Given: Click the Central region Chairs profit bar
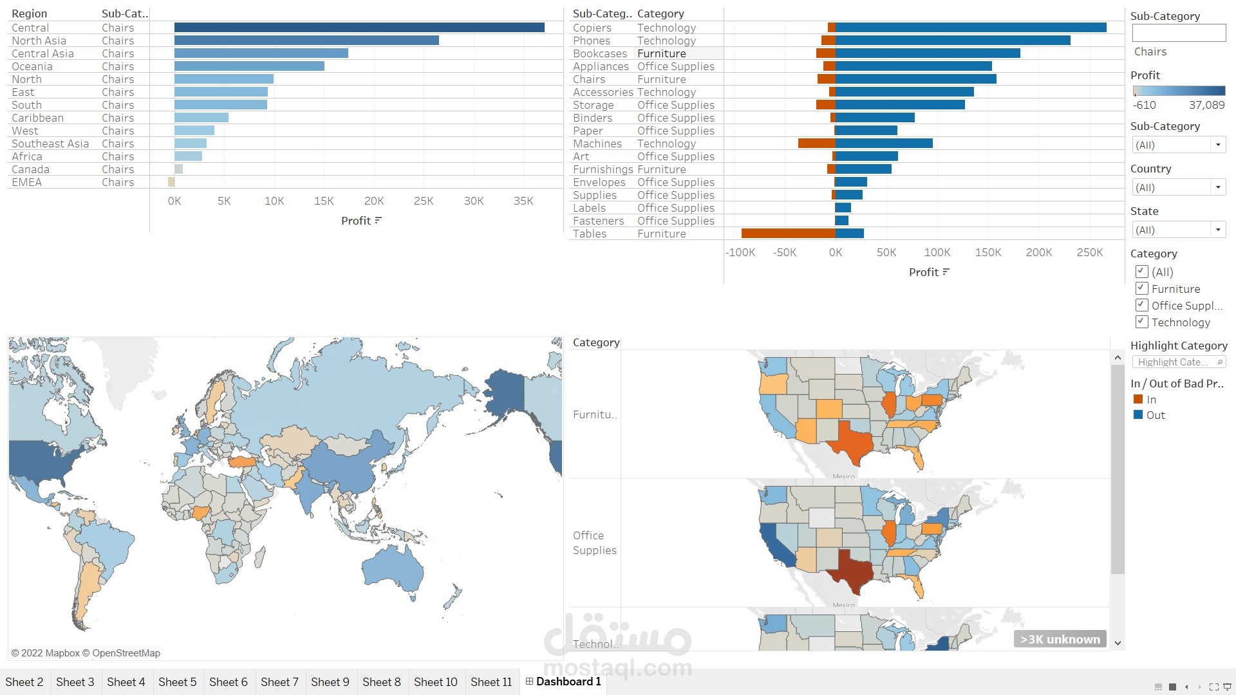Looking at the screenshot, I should pos(359,28).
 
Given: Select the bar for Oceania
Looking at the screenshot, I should pos(249,66).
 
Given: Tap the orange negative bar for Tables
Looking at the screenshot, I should pos(788,234).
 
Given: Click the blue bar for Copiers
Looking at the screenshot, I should pos(971,28).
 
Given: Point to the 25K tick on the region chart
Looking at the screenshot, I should pos(424,201).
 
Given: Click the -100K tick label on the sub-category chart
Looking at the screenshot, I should pos(740,252).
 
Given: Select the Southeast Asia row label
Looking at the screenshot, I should pos(50,144).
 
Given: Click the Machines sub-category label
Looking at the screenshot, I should pos(597,144).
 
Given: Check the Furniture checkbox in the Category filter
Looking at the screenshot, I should pos(1142,288).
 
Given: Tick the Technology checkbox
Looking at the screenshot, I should pos(1142,322).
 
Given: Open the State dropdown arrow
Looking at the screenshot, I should pos(1218,230).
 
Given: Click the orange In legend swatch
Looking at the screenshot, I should pos(1138,399).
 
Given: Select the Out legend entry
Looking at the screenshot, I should pos(1155,415).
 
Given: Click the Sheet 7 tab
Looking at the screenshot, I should pos(279,681).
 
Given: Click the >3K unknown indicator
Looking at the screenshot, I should pos(1060,639).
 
